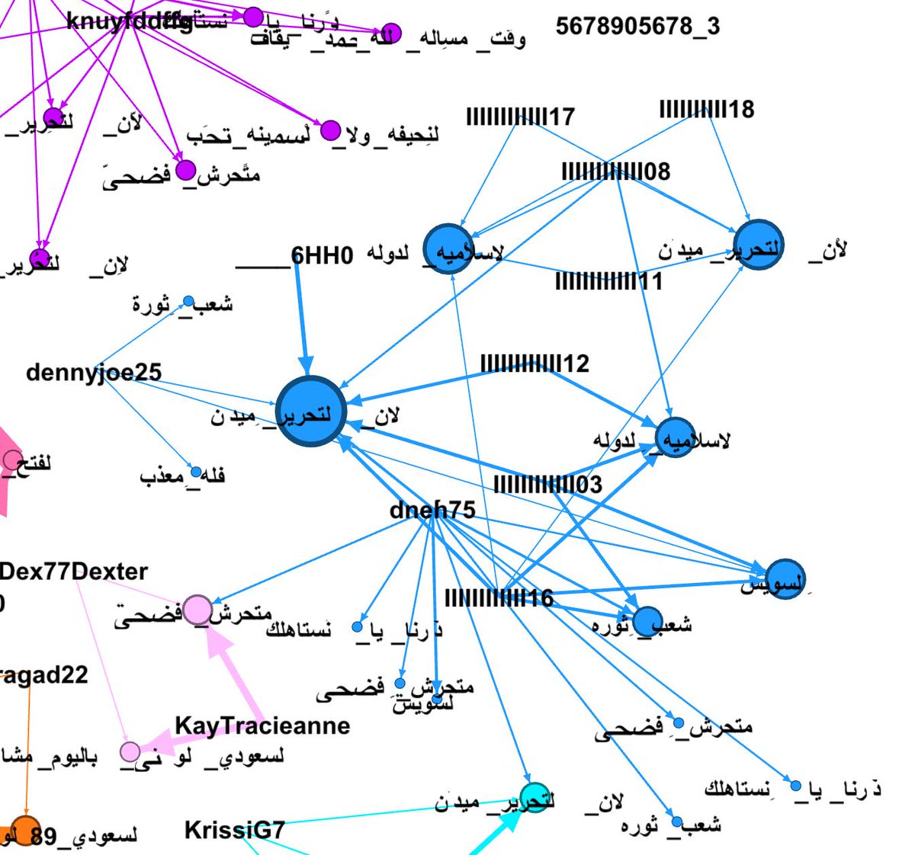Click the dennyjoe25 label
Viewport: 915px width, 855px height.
(94, 373)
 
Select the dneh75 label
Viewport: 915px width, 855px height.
(432, 510)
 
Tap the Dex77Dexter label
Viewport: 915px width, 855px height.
(74, 572)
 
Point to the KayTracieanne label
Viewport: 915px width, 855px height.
(262, 725)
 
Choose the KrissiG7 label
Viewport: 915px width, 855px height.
(235, 830)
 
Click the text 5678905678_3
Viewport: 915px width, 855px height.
(637, 27)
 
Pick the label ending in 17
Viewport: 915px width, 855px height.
(520, 117)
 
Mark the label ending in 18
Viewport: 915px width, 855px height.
(707, 109)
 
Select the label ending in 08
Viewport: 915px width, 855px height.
(616, 171)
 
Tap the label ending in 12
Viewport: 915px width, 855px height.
(535, 363)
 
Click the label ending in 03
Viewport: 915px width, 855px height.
(547, 484)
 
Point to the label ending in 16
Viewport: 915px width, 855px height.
(499, 598)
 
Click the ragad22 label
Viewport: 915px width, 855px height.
(44, 675)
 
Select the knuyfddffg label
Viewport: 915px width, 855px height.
(130, 22)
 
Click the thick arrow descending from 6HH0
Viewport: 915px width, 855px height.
(301, 320)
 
